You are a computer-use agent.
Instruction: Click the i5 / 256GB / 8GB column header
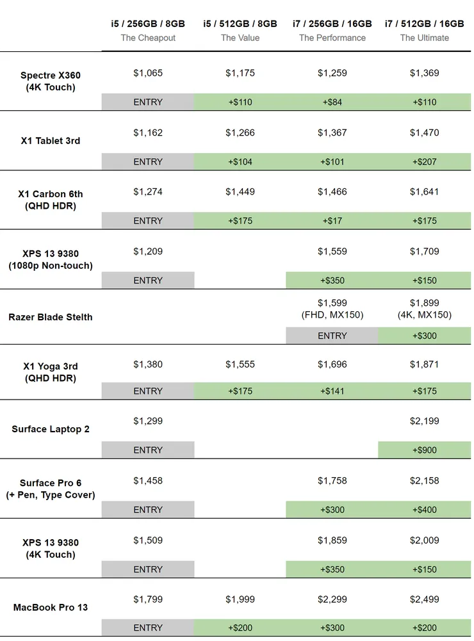(x=148, y=24)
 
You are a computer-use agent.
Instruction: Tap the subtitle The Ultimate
(x=425, y=38)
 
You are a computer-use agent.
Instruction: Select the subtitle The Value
(x=240, y=38)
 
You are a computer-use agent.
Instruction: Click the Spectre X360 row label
(x=51, y=81)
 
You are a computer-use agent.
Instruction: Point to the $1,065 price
(x=148, y=73)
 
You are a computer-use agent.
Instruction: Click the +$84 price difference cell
(x=332, y=102)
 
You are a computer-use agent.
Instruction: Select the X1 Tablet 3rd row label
(x=51, y=141)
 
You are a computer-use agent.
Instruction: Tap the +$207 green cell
(x=425, y=161)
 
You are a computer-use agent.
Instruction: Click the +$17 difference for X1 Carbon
(x=332, y=221)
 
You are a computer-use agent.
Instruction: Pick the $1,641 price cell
(x=425, y=191)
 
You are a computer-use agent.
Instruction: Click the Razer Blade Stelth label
(x=51, y=317)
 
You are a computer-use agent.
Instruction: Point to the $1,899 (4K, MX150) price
(x=425, y=309)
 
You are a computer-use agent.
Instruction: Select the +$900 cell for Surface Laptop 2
(x=425, y=450)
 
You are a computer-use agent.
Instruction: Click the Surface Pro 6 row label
(x=51, y=489)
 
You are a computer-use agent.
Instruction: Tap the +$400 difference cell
(x=425, y=510)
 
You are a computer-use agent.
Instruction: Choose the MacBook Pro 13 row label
(x=51, y=607)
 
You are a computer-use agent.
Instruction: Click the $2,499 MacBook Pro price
(x=425, y=599)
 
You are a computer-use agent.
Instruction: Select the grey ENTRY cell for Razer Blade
(x=332, y=336)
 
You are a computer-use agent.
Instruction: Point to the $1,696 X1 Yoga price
(x=332, y=364)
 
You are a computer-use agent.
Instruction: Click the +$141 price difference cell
(x=332, y=391)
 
